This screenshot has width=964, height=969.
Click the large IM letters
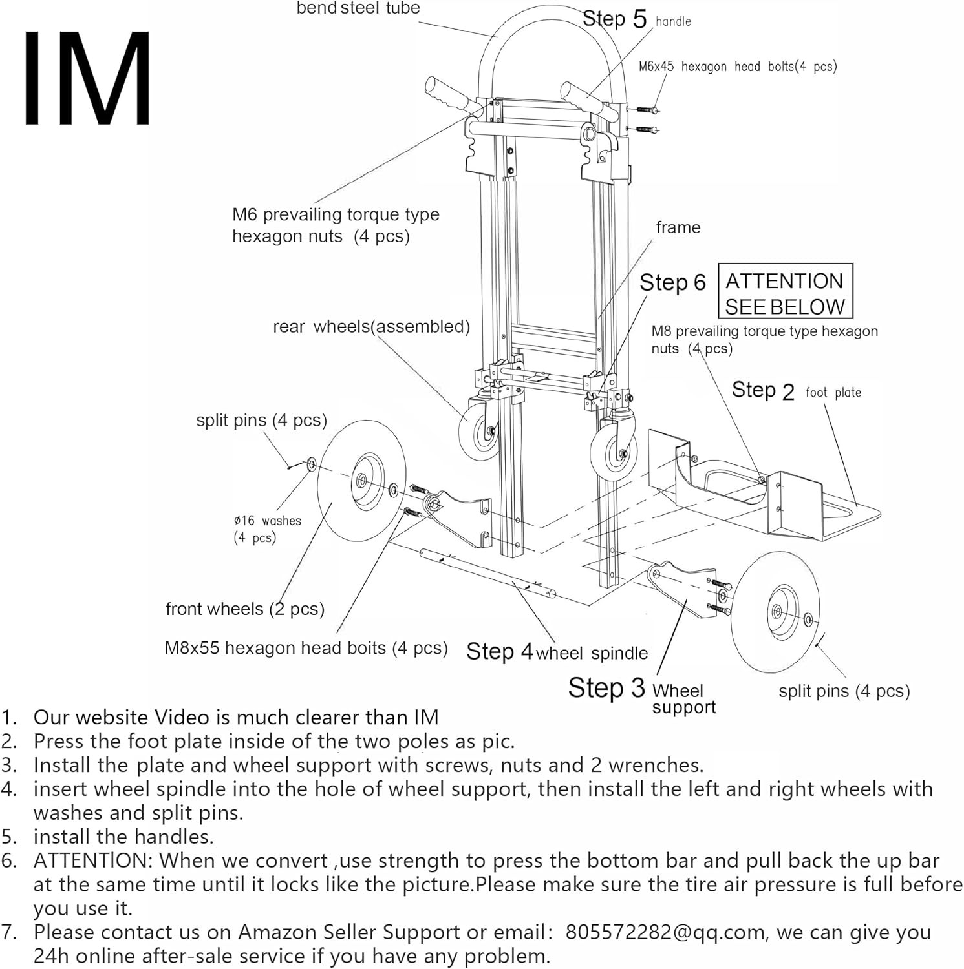pos(87,79)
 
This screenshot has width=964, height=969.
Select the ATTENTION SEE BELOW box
pos(785,291)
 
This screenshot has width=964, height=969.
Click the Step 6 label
pos(672,283)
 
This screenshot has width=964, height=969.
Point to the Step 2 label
pos(762,391)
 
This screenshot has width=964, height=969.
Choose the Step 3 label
pos(606,688)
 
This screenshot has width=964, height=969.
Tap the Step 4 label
pos(499,651)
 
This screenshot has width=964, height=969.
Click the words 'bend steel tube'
pos(358,8)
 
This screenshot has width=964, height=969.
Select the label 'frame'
pos(678,227)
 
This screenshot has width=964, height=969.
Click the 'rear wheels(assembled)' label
pos(371,327)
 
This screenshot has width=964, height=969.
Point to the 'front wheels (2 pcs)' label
pos(244,609)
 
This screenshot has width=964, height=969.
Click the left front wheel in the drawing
pos(359,481)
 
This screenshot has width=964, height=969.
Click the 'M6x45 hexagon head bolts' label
pos(737,67)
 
